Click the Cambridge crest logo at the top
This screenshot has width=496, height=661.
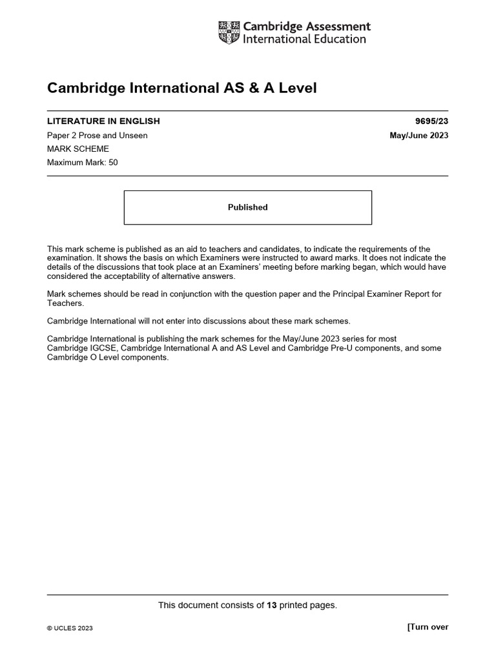coord(229,33)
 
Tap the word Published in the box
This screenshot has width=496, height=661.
coord(247,207)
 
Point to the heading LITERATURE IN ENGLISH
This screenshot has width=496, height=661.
coord(103,121)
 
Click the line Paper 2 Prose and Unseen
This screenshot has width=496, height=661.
coord(98,136)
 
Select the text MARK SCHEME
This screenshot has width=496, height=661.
coord(73,149)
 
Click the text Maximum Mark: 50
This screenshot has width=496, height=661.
coord(83,163)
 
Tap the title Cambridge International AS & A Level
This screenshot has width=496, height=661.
coord(182,88)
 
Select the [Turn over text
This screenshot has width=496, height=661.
coord(428,627)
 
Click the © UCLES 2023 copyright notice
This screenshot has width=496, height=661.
coord(70,628)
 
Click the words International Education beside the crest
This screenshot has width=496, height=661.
coord(304,39)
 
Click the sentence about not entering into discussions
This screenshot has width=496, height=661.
coord(191,321)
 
